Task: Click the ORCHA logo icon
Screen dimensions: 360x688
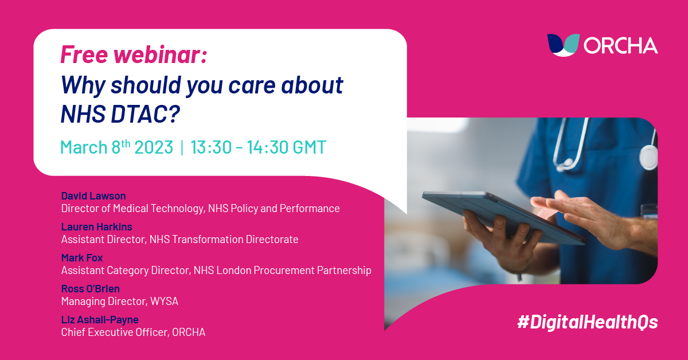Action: [x=563, y=44]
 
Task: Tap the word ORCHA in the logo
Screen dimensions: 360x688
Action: [x=620, y=45]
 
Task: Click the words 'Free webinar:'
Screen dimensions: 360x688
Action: [x=134, y=55]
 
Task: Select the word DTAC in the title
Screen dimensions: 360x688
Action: [x=142, y=114]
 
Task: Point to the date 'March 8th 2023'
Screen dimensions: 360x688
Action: [x=116, y=147]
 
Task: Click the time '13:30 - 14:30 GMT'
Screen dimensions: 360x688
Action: [x=258, y=147]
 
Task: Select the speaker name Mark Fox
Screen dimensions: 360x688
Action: [x=82, y=258]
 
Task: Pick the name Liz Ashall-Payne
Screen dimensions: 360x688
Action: [x=100, y=319]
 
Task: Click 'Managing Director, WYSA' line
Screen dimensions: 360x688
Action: [x=119, y=301]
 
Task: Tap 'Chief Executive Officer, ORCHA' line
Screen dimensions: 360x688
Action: [x=133, y=332]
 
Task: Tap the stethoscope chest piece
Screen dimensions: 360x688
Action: [x=648, y=157]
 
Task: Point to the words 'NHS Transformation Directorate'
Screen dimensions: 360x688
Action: [x=224, y=239]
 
